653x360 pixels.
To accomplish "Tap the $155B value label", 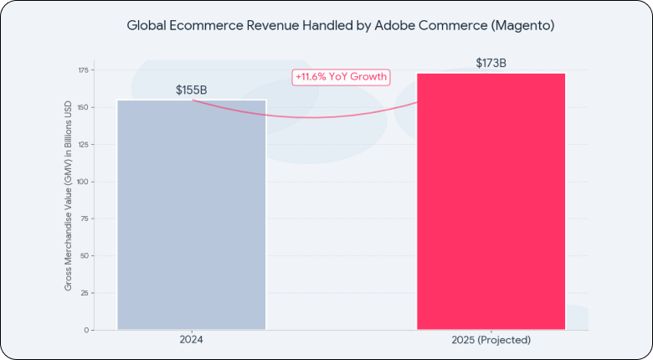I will pyautogui.click(x=191, y=90).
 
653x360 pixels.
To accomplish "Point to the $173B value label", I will pyautogui.click(x=491, y=63).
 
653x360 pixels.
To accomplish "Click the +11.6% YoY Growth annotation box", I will pyautogui.click(x=342, y=77).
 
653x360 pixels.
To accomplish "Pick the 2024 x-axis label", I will pyautogui.click(x=191, y=341).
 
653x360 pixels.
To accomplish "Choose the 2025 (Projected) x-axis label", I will pyautogui.click(x=491, y=341).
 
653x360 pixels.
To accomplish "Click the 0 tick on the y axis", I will pyautogui.click(x=86, y=330).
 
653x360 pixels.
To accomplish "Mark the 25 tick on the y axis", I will pyautogui.click(x=84, y=293).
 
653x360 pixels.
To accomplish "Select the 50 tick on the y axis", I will pyautogui.click(x=84, y=255).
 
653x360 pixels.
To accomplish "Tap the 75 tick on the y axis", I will pyautogui.click(x=84, y=219).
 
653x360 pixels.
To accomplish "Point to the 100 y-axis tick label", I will pyautogui.click(x=82, y=182).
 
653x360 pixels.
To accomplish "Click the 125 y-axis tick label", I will pyautogui.click(x=82, y=144).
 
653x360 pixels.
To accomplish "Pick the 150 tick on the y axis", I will pyautogui.click(x=82, y=107).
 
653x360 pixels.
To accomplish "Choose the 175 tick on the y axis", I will pyautogui.click(x=82, y=70).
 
